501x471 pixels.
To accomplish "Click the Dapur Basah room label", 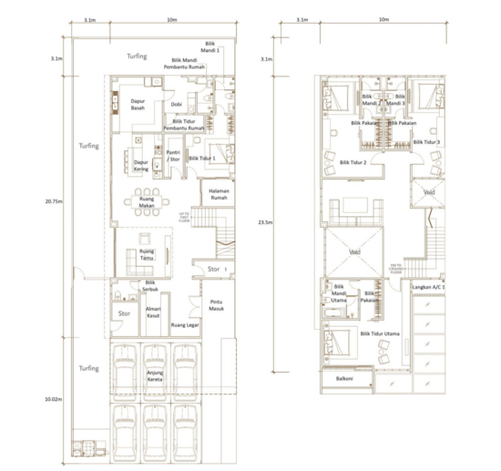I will [138, 105].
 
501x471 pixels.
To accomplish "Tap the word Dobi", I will [176, 105].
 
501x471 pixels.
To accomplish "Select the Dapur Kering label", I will [141, 167].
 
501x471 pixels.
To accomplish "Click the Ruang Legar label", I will [184, 323].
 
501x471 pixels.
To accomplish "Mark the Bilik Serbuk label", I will [152, 285].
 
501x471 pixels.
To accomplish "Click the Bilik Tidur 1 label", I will [202, 158].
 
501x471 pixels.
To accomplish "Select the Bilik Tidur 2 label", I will [353, 162].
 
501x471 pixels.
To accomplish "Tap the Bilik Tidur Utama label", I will [380, 335].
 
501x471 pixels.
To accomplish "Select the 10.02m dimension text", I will [56, 399].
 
